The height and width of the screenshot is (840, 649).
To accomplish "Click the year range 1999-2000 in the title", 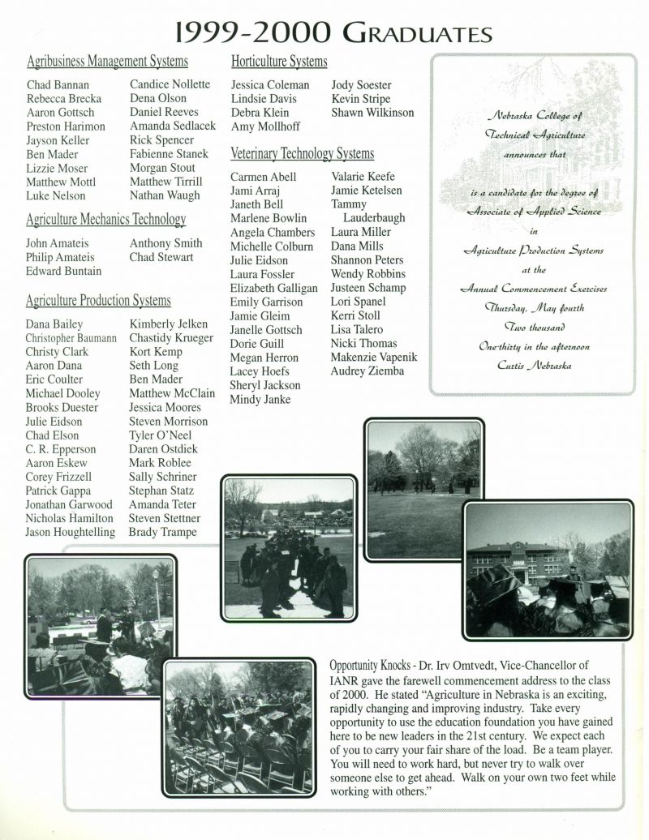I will click(x=251, y=32).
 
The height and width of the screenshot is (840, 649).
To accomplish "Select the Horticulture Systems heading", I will click(x=279, y=62).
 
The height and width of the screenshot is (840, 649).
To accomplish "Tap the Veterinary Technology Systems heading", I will click(x=302, y=153).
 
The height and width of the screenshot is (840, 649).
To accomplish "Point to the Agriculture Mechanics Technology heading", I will click(x=105, y=219).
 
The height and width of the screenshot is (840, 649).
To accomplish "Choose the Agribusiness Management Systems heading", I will click(x=107, y=62).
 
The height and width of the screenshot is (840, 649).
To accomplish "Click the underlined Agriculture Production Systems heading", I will click(x=98, y=302).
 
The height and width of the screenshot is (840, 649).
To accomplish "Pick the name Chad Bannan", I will click(x=58, y=84).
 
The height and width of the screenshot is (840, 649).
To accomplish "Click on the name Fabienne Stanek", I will click(x=169, y=153).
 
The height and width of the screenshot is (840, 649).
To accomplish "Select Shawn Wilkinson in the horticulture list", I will click(x=372, y=113).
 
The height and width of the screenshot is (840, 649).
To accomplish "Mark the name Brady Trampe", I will click(x=163, y=532).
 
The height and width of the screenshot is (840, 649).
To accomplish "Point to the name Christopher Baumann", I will click(x=71, y=338).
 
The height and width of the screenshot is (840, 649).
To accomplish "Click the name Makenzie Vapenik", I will click(x=374, y=358).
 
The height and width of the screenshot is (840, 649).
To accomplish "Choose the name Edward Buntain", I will click(x=63, y=271).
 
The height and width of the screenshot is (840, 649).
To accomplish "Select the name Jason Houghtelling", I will click(x=70, y=532).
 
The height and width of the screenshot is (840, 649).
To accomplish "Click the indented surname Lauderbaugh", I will click(x=374, y=218).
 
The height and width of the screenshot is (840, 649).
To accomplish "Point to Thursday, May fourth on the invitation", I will click(x=534, y=308).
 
